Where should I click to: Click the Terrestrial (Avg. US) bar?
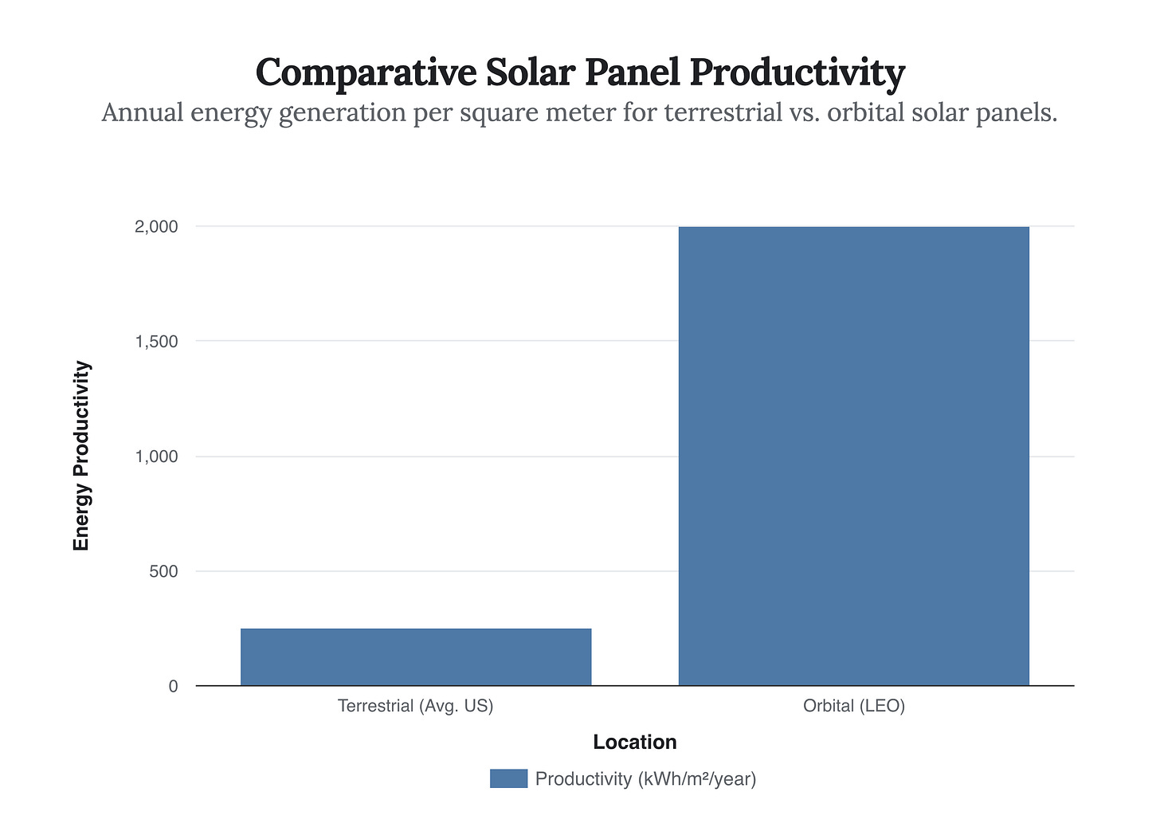tap(416, 657)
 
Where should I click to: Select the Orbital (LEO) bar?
tap(853, 456)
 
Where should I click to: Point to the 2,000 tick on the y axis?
tap(156, 227)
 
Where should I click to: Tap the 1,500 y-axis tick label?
tap(156, 342)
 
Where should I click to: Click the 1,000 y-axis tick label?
tap(156, 457)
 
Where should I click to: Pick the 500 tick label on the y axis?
tap(163, 571)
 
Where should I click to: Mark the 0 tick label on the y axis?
tap(173, 686)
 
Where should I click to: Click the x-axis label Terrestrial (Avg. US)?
tap(415, 706)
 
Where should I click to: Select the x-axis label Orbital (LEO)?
tap(854, 706)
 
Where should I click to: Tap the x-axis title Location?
tap(634, 743)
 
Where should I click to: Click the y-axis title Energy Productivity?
tap(81, 456)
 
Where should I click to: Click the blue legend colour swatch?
tap(508, 778)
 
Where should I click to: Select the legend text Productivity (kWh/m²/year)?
tap(645, 778)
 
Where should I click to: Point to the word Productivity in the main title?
tap(797, 73)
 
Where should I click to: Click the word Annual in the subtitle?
tap(143, 113)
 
